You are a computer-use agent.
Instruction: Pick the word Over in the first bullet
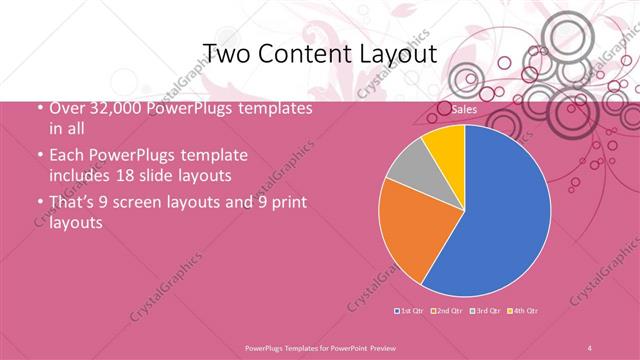click(66, 109)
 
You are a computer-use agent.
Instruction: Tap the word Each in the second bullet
click(67, 156)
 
